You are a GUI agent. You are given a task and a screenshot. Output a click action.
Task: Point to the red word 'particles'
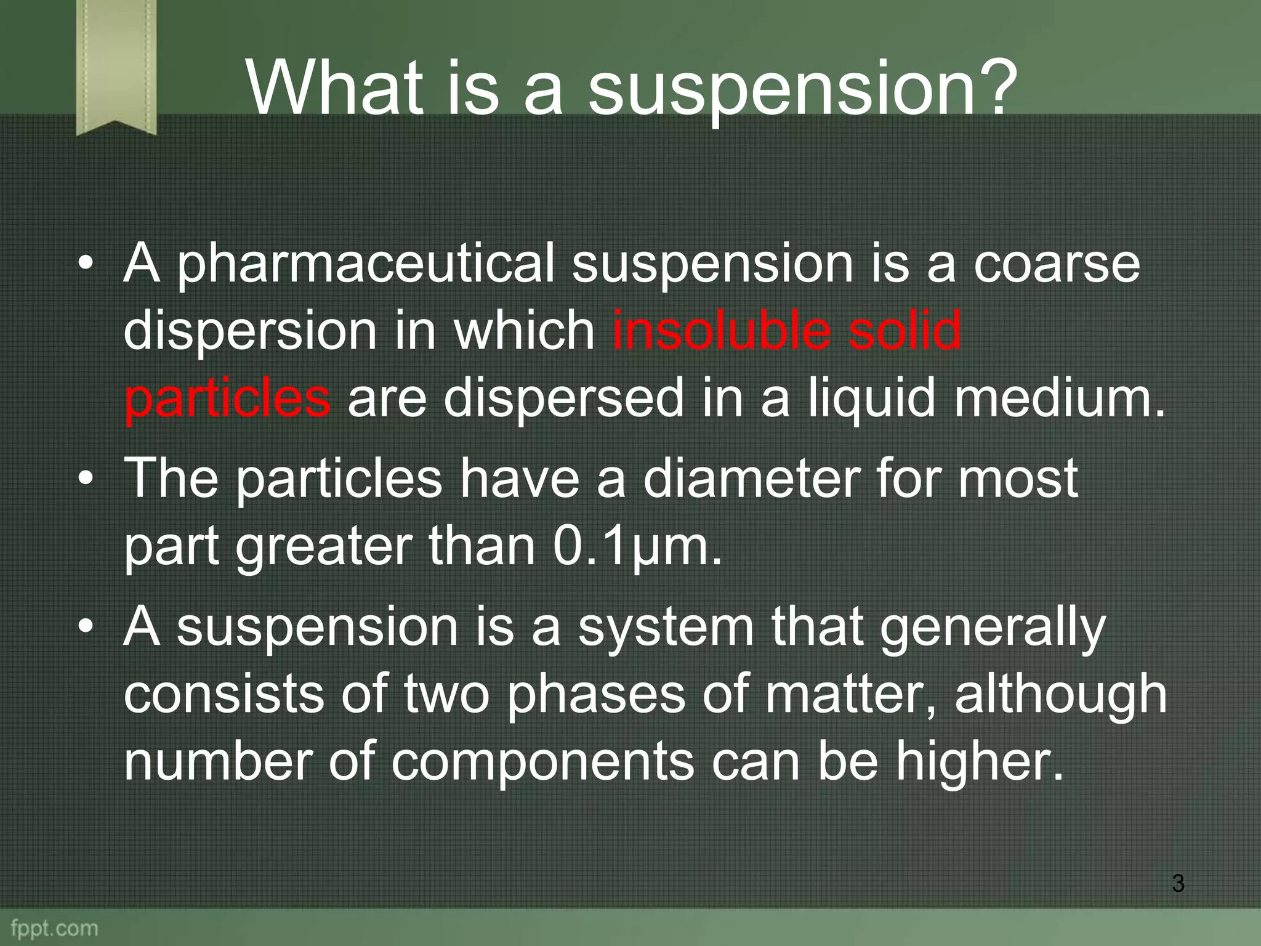(227, 398)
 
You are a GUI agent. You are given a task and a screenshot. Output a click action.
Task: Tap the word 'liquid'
(871, 398)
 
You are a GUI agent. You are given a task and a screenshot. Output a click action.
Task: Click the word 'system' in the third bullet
(666, 628)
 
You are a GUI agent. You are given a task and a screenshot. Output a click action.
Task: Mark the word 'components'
(542, 762)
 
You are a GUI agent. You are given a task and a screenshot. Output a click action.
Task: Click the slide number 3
(1177, 883)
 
